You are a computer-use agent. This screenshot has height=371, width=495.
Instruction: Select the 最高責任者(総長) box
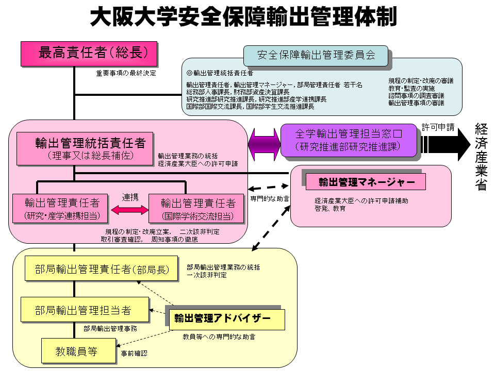89,54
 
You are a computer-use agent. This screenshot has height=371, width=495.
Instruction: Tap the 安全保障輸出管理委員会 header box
316,55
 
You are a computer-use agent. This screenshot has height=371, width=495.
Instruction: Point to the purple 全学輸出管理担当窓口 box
349,140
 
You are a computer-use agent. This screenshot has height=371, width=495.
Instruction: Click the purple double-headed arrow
264,145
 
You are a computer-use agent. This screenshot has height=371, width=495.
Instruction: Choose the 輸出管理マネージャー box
366,182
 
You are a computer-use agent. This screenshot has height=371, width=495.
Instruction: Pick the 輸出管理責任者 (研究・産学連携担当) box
62,208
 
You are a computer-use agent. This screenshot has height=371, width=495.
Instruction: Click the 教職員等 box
77,351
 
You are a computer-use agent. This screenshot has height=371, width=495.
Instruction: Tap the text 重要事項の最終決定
126,73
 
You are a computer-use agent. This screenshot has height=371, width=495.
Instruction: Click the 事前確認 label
134,353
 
